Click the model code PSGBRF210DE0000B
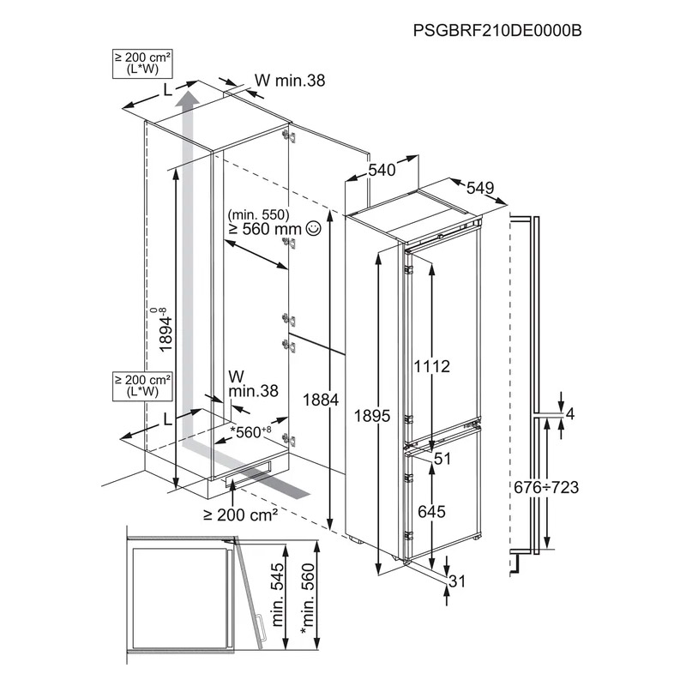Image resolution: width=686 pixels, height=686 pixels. click(x=497, y=31)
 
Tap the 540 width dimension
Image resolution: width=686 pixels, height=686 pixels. click(x=382, y=170)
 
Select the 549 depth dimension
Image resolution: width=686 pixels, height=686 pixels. click(x=480, y=188)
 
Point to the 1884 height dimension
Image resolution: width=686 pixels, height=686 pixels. click(x=321, y=400)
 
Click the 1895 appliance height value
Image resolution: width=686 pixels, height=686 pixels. click(x=372, y=416)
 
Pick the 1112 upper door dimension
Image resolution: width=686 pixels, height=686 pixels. click(x=432, y=366)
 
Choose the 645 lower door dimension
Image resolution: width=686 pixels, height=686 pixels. click(x=431, y=511)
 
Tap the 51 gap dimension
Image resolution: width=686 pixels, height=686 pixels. click(x=442, y=459)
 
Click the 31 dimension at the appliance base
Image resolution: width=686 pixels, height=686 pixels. click(x=457, y=581)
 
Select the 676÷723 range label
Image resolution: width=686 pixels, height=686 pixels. click(x=546, y=487)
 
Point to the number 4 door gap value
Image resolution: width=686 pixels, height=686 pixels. click(x=569, y=414)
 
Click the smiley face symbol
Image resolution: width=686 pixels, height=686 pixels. click(x=314, y=227)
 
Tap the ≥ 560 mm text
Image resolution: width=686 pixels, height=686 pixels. click(x=265, y=229)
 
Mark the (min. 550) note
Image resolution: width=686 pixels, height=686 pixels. click(x=259, y=214)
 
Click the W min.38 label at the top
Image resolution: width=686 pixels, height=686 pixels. click(x=290, y=80)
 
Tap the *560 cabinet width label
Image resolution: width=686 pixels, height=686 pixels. click(x=251, y=432)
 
